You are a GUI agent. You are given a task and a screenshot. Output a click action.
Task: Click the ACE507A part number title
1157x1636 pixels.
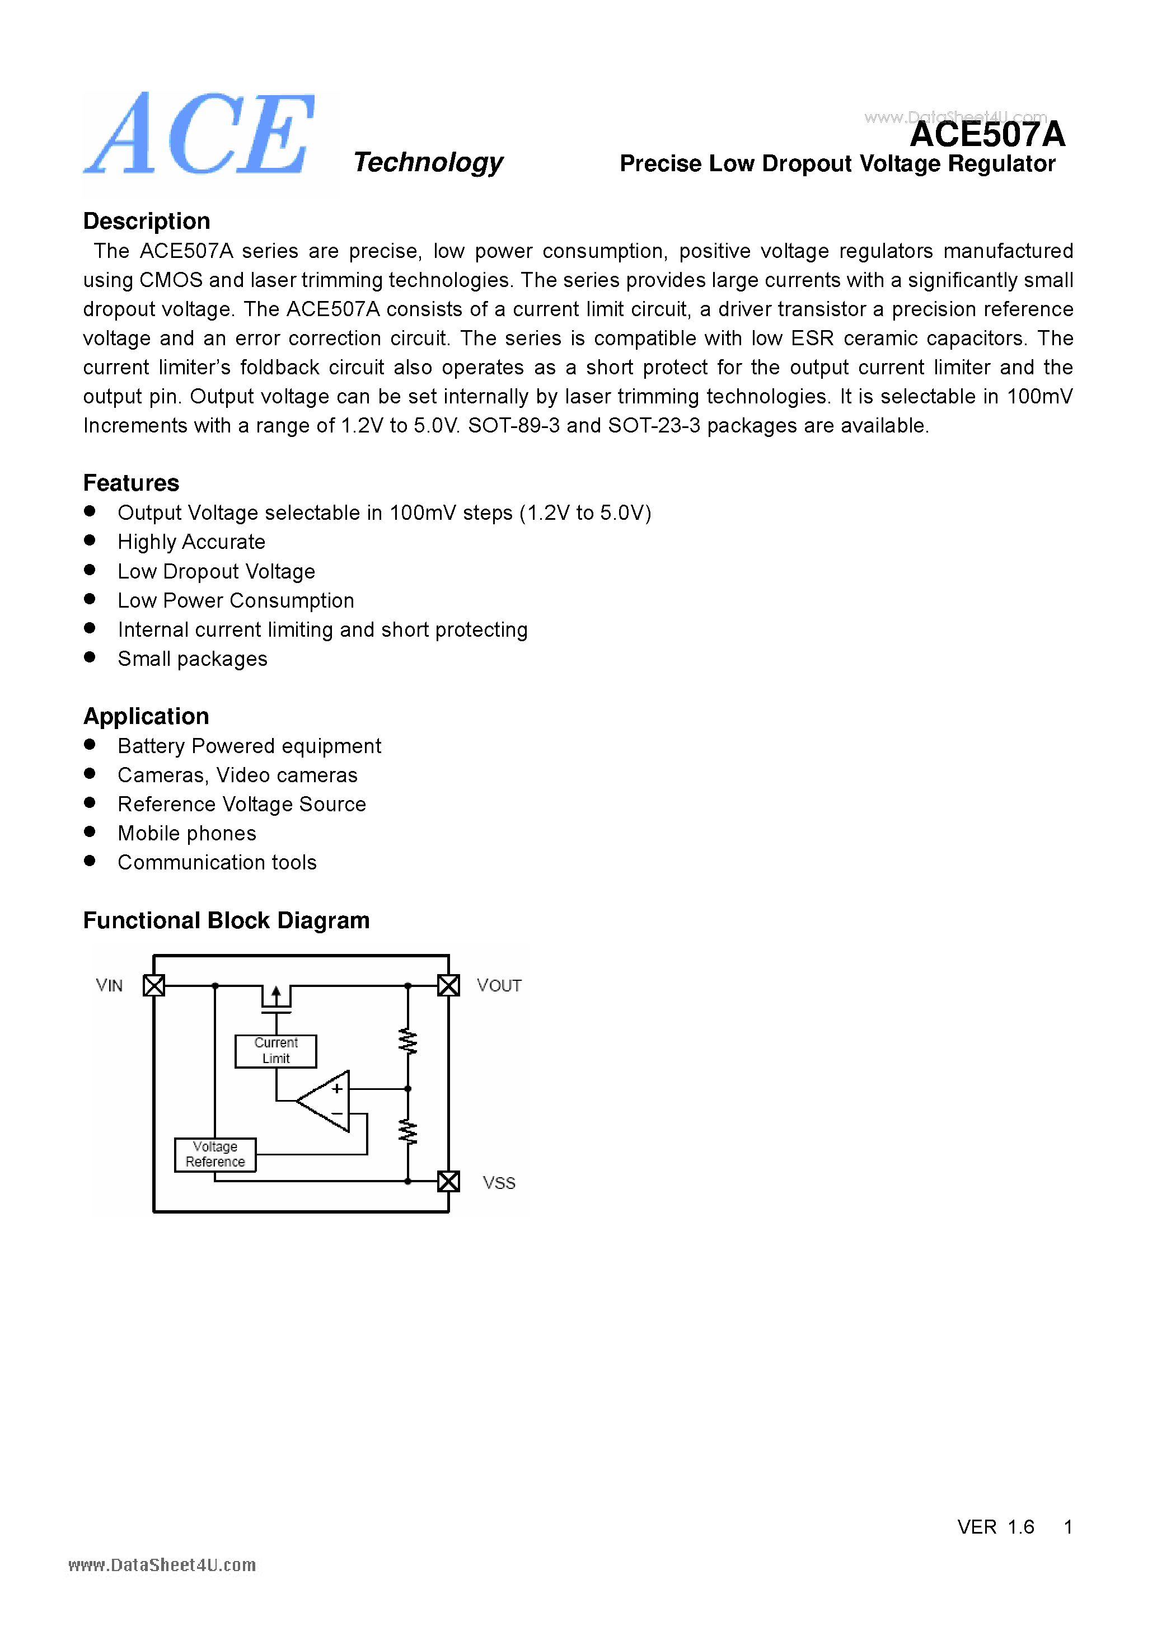pos(987,134)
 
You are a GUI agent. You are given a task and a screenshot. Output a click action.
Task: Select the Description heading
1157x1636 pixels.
pos(146,221)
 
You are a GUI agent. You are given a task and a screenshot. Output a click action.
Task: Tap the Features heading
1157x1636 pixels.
pos(131,483)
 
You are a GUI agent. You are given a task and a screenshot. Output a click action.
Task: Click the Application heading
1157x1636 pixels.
pos(146,716)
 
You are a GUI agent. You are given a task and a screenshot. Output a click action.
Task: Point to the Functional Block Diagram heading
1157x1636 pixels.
pos(226,920)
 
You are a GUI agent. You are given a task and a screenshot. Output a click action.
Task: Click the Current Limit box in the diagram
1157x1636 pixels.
pos(276,1051)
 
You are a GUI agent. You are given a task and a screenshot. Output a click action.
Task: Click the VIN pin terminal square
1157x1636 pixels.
pos(154,985)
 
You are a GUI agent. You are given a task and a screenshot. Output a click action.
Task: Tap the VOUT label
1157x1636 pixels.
pos(499,985)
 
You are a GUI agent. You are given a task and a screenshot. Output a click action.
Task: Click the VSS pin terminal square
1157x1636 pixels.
pos(448,1181)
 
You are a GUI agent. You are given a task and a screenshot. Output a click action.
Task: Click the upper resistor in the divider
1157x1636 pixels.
pos(407,1042)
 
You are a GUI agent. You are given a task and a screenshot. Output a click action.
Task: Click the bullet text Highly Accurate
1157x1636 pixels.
pos(191,542)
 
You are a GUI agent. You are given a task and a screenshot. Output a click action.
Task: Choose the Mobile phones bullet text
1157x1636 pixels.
pos(187,834)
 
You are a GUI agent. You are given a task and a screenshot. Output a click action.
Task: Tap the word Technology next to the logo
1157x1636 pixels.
pos(428,162)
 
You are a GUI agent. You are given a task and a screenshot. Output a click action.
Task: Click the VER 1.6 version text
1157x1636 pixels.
pos(995,1527)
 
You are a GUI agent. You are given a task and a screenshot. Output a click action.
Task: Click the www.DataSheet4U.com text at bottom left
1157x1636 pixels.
pos(162,1566)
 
